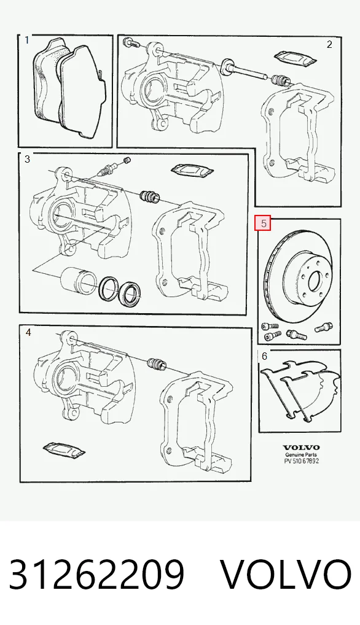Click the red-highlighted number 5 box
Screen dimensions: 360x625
[263, 223]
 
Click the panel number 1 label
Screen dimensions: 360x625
[26, 41]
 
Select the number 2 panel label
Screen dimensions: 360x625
[329, 44]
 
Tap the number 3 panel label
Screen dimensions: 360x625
[27, 159]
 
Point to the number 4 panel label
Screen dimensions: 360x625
[28, 332]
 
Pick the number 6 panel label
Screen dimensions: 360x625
[264, 356]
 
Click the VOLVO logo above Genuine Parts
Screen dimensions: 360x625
[302, 448]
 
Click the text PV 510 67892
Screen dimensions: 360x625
[302, 461]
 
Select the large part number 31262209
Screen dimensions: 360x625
[97, 574]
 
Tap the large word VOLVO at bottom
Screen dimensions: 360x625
[286, 574]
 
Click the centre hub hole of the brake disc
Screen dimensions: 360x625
[314, 282]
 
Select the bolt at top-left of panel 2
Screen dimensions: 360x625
[131, 42]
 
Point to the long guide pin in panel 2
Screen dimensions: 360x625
[246, 71]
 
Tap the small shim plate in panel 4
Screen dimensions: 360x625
[64, 449]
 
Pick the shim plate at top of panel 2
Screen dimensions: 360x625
[295, 57]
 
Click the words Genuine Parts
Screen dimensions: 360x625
[302, 455]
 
